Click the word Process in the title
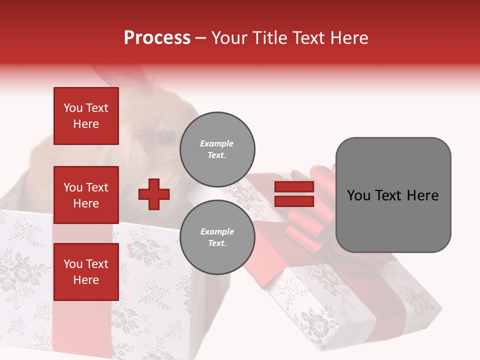[x=157, y=38]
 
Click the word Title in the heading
[x=269, y=38]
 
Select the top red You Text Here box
[x=86, y=116]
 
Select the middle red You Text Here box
[x=86, y=195]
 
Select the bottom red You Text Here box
[x=86, y=271]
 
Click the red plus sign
[x=154, y=194]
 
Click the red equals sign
[x=294, y=194]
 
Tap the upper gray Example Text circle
[x=217, y=149]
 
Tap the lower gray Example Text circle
[x=217, y=237]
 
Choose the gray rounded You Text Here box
[x=393, y=195]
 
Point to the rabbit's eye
[x=164, y=136]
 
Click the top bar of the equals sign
[x=294, y=187]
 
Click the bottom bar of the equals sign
[x=294, y=201]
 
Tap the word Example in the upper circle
[x=217, y=143]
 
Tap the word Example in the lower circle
[x=217, y=231]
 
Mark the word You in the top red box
[x=73, y=108]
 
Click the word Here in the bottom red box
[x=86, y=280]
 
